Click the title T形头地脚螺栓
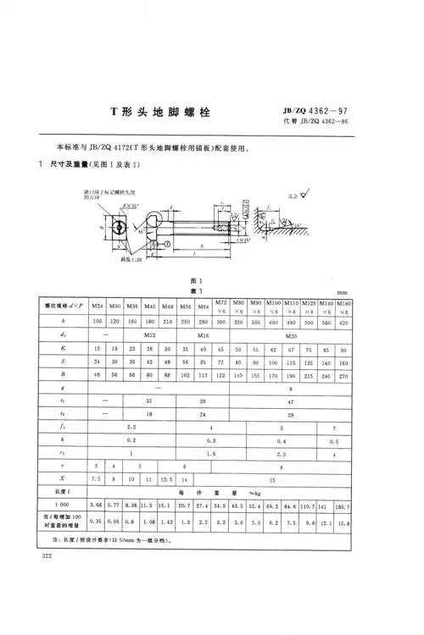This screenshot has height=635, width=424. [161, 113]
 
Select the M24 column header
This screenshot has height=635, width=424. [98, 304]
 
